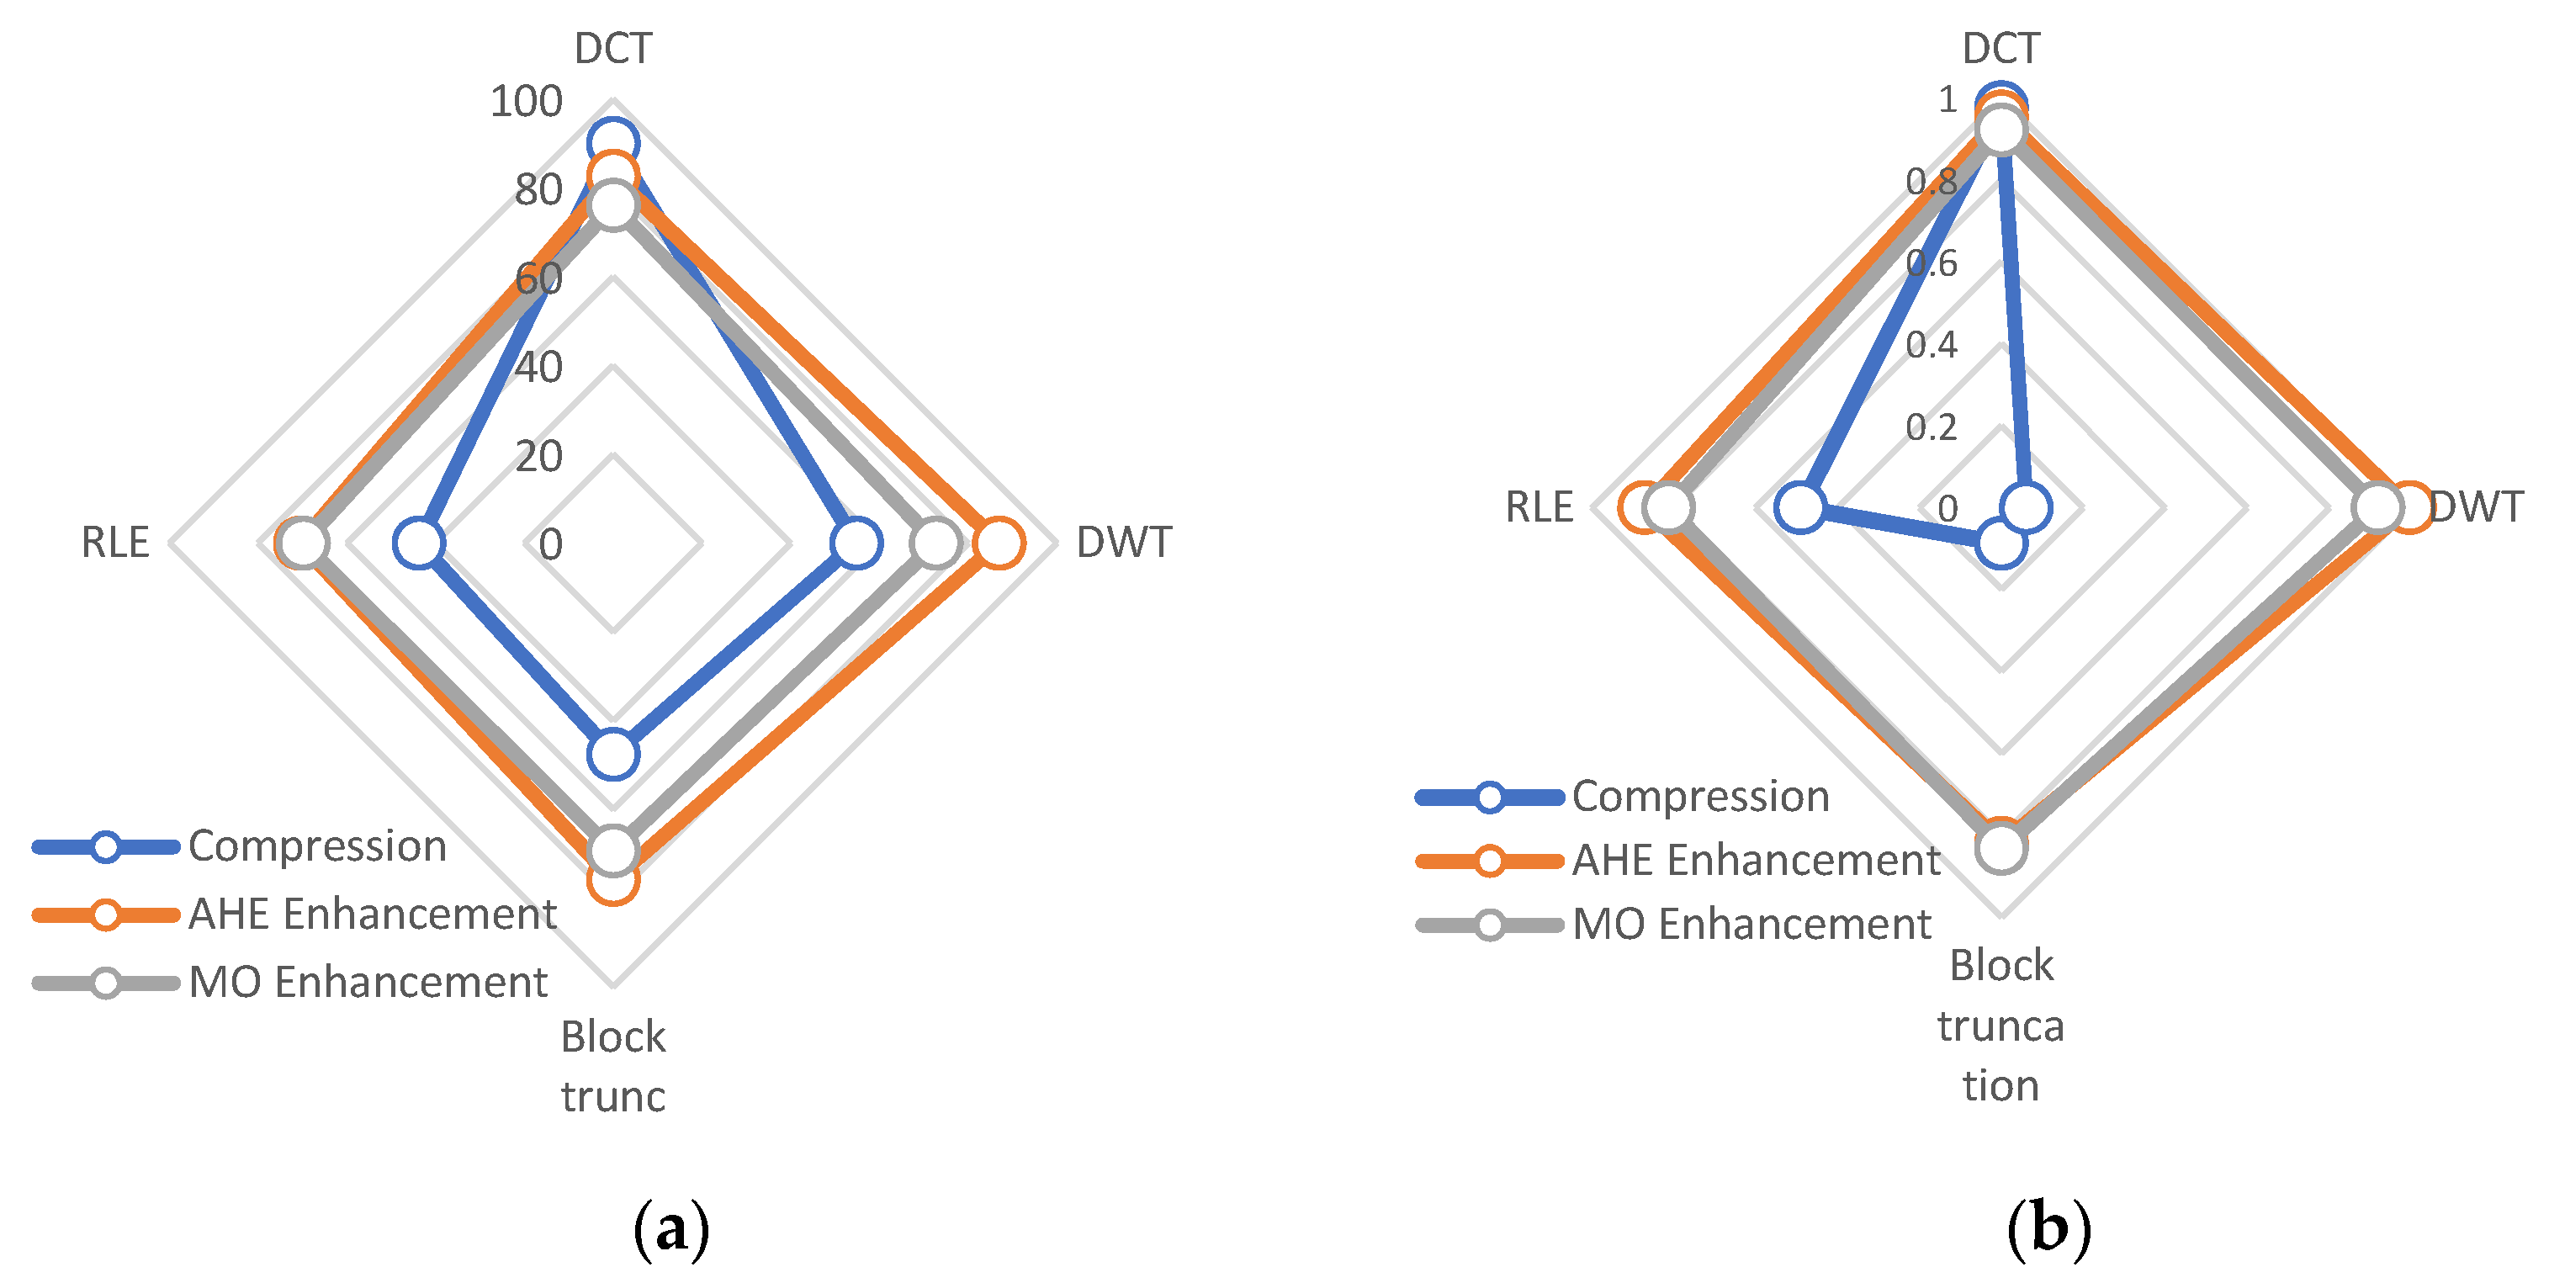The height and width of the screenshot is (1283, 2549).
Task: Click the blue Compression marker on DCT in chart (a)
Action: pyautogui.click(x=612, y=143)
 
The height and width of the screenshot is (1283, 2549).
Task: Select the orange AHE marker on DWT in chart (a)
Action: pyautogui.click(x=999, y=543)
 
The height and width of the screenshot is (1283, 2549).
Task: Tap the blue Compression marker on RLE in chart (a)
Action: pyautogui.click(x=419, y=543)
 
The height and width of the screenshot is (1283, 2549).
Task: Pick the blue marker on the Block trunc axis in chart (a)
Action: pyautogui.click(x=612, y=754)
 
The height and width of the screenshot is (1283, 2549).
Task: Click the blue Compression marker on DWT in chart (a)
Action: pyautogui.click(x=856, y=543)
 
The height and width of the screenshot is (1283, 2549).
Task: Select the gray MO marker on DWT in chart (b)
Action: pyautogui.click(x=2377, y=507)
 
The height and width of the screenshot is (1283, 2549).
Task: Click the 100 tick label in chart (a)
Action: pyautogui.click(x=526, y=101)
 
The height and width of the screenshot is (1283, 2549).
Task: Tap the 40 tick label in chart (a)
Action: pyautogui.click(x=538, y=367)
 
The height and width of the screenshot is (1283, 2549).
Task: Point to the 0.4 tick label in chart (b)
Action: pyautogui.click(x=1931, y=344)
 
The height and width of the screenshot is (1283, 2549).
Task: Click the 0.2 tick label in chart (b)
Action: pyautogui.click(x=1931, y=427)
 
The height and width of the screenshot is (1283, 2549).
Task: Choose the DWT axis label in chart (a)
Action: pyautogui.click(x=1123, y=542)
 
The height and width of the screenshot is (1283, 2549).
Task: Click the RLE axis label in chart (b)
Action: pyautogui.click(x=1539, y=506)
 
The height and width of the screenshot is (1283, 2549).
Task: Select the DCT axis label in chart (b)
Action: pyautogui.click(x=2000, y=47)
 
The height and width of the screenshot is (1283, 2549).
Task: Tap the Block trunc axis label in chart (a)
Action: pyautogui.click(x=612, y=1067)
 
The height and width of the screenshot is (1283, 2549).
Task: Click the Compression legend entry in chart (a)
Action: pyautogui.click(x=316, y=846)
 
